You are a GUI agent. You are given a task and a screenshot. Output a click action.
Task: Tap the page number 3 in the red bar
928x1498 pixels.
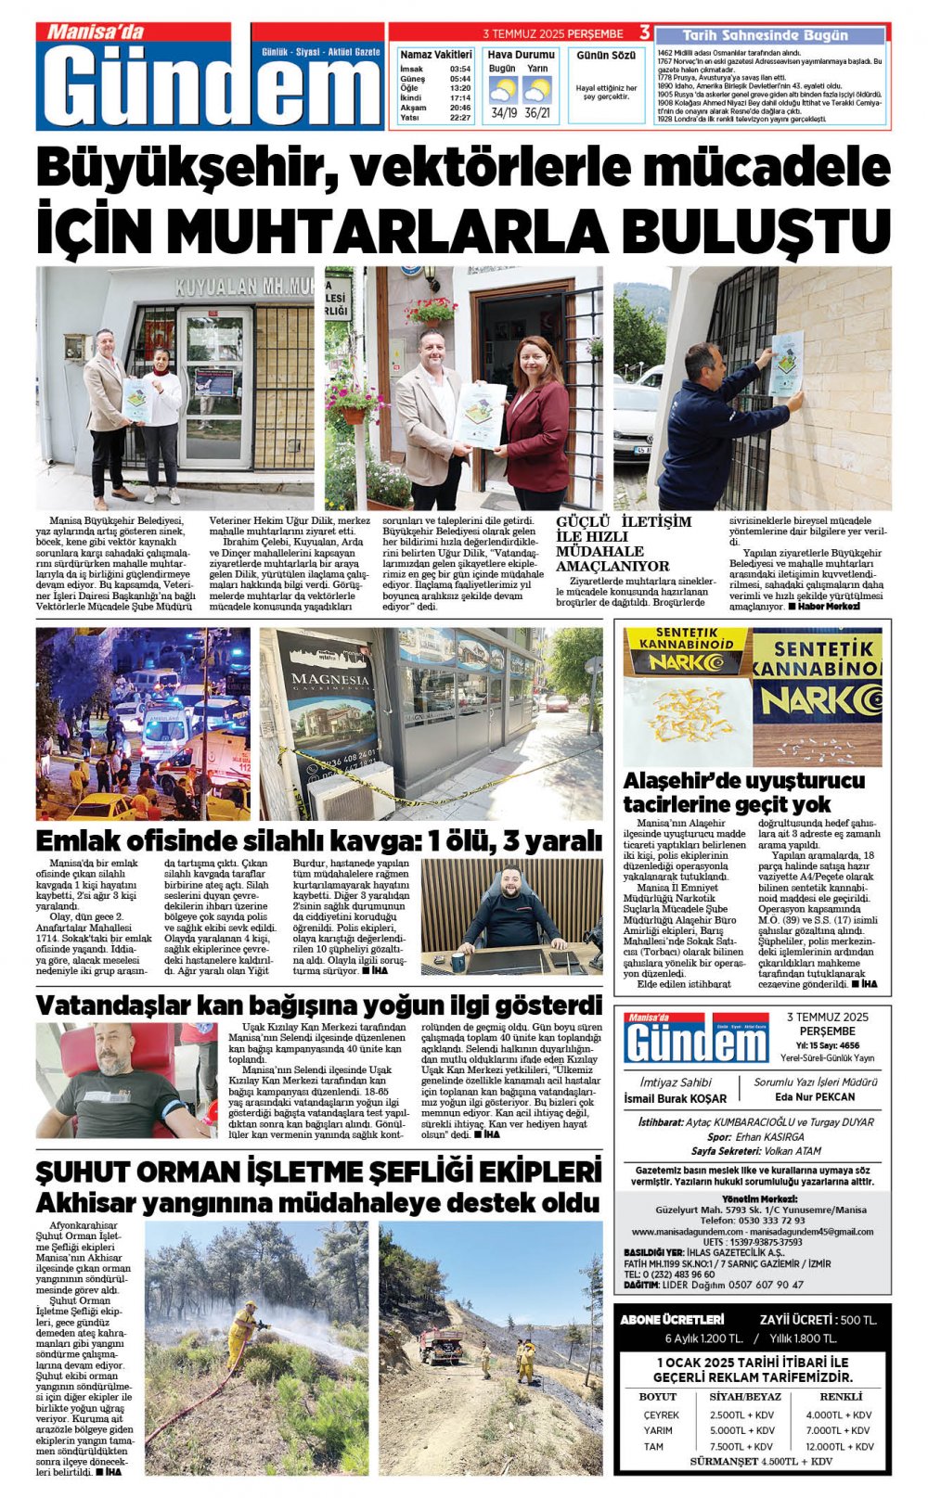click(645, 33)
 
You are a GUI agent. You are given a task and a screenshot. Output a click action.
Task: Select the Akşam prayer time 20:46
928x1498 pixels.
click(459, 108)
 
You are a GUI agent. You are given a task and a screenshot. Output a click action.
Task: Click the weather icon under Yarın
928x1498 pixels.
click(536, 91)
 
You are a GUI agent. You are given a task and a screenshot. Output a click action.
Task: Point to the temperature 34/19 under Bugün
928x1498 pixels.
click(505, 113)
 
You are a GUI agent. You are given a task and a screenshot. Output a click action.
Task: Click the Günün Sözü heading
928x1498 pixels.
click(606, 56)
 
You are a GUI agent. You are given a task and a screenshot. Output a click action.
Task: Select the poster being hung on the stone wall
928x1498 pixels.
click(787, 363)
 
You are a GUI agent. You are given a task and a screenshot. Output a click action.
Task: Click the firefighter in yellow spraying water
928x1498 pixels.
click(243, 1335)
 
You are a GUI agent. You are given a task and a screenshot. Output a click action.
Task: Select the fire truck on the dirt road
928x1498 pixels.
click(442, 1346)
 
